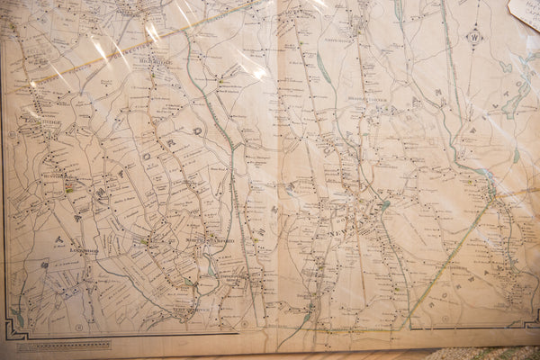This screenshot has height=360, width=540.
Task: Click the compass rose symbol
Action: coord(474,38)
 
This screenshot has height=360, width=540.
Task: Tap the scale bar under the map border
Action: coord(63,345)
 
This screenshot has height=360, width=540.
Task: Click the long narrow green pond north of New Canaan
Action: coord(323,67)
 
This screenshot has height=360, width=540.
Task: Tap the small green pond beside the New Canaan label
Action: coord(385,206)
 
